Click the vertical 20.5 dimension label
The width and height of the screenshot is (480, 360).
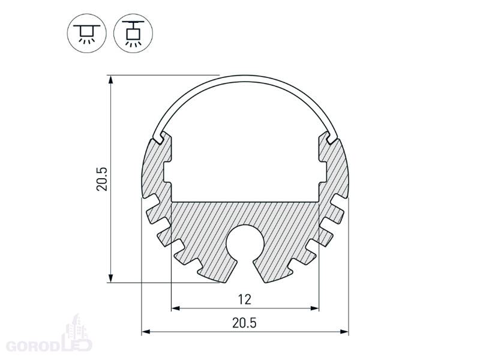click(102, 179)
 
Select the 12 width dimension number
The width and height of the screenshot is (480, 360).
click(244, 299)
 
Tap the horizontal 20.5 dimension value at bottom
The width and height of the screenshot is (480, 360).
click(244, 323)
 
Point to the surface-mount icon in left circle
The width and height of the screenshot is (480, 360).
click(86, 33)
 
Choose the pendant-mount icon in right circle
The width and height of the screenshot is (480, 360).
click(133, 33)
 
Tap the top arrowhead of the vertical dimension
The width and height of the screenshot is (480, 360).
click(111, 80)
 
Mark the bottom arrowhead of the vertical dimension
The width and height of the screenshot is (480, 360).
click(111, 278)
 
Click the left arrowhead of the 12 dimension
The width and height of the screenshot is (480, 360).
click(175, 308)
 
